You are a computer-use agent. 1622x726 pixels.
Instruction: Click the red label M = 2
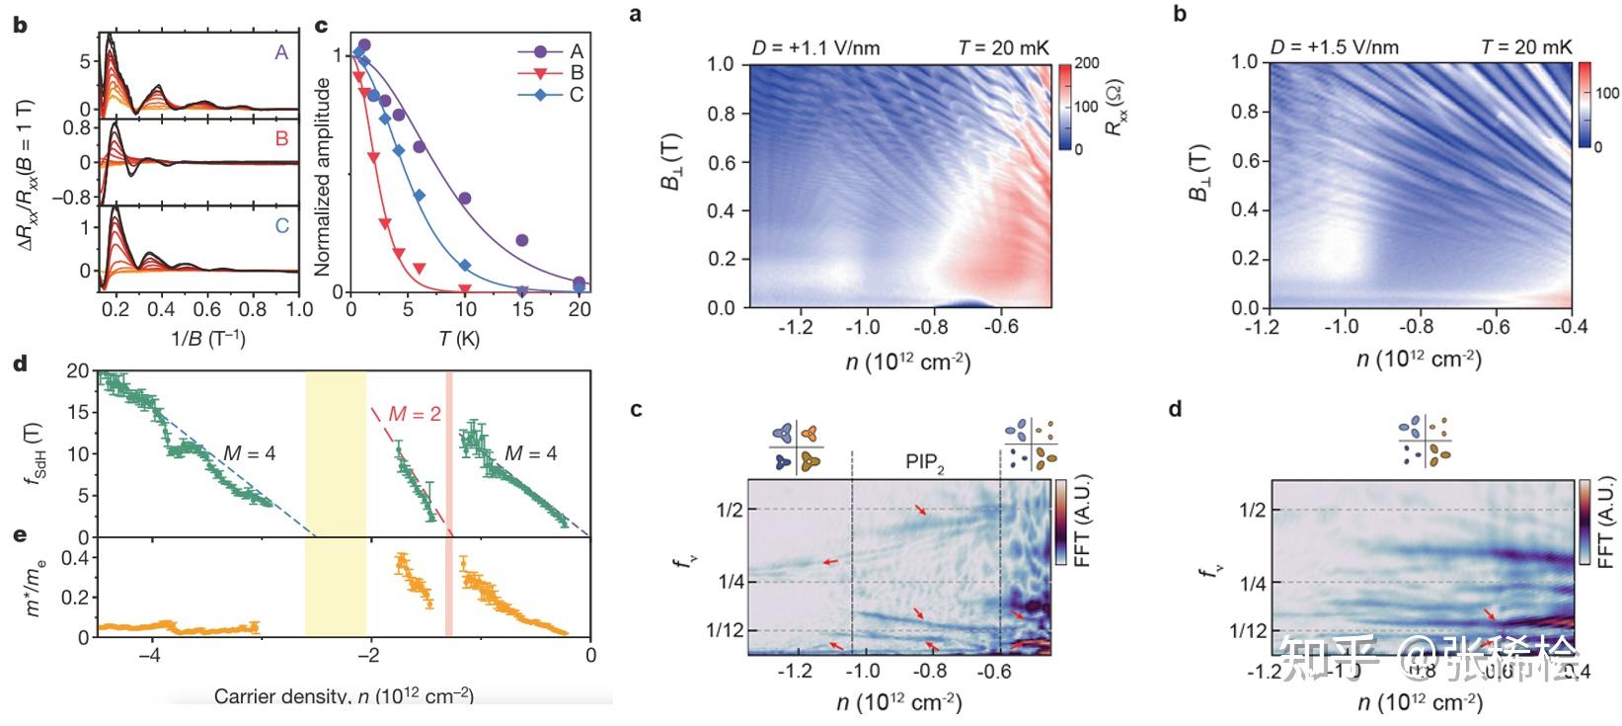(415, 415)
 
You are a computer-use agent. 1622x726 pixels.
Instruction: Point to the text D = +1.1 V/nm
(815, 47)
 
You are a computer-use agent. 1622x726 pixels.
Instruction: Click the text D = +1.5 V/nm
(1335, 46)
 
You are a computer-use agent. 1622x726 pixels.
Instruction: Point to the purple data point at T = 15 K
(522, 240)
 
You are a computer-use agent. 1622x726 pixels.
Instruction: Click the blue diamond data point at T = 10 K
(465, 264)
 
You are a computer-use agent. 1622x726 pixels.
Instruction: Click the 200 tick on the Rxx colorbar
(1087, 63)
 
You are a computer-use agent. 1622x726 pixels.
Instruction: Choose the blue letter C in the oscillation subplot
(281, 226)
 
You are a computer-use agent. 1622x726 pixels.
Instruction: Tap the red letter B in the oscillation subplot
(281, 139)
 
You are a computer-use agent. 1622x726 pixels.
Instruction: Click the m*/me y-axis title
(35, 590)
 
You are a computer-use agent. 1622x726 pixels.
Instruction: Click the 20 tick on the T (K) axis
(579, 309)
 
